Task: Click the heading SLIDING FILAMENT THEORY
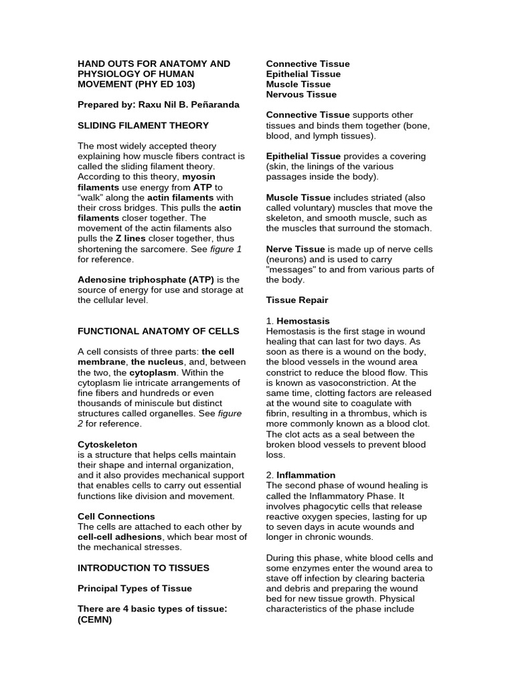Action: (x=143, y=125)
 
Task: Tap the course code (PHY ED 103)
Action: (x=165, y=84)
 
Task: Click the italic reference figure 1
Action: (x=226, y=249)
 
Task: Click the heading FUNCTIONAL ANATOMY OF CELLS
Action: (x=158, y=331)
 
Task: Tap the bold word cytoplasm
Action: (x=153, y=372)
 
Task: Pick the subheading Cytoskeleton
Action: (x=108, y=444)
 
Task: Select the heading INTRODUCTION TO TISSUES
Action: (x=143, y=567)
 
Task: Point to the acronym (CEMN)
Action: (x=95, y=619)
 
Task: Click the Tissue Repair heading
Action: (x=297, y=300)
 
